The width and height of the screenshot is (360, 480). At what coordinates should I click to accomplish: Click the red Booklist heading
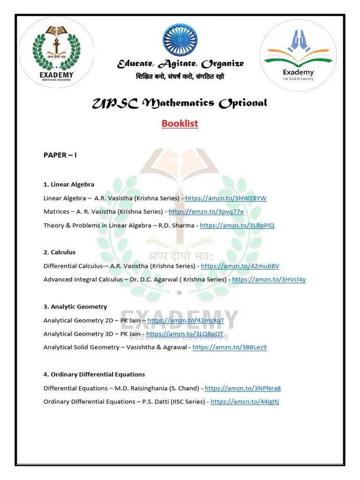pos(180,124)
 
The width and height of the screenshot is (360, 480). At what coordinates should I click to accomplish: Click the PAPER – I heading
pos(60,155)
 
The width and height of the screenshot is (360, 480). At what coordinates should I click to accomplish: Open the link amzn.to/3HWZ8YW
pos(226,198)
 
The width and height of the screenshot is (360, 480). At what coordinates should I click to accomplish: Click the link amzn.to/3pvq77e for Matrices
pos(206,212)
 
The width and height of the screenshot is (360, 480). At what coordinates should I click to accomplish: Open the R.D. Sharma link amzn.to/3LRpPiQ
pos(237,225)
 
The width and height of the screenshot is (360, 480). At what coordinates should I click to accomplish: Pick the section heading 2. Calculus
pos(60,252)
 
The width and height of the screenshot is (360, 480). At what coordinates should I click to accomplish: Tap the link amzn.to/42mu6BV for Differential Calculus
pos(240,266)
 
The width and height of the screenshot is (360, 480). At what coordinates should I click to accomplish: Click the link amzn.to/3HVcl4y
pos(269,279)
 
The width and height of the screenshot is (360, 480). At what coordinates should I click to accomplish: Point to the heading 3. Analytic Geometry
pos(75,307)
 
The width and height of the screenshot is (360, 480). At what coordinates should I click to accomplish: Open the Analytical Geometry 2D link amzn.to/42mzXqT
pos(186,321)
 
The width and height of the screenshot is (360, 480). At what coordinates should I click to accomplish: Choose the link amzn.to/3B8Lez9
pos(230,347)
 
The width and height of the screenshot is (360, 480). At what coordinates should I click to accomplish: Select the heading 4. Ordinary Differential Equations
pos(94,375)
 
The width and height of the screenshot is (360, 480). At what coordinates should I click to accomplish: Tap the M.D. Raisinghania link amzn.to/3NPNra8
pos(243,388)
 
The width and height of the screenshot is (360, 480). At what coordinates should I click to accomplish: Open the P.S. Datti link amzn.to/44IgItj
pos(245,402)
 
